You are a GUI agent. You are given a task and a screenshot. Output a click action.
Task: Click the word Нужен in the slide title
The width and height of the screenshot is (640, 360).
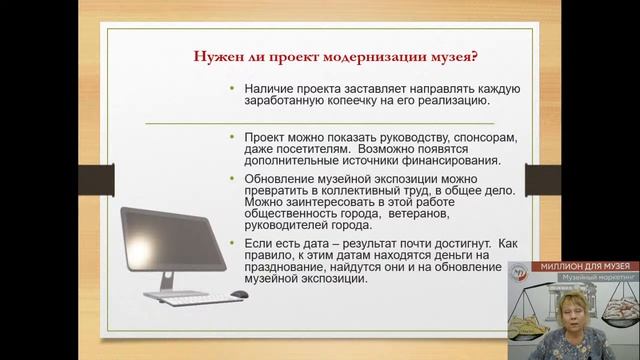[x=216, y=55]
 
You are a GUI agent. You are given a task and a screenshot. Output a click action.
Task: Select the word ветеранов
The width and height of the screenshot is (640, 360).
[x=424, y=214]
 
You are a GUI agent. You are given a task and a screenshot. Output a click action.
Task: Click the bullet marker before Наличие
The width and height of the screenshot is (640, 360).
[x=233, y=89]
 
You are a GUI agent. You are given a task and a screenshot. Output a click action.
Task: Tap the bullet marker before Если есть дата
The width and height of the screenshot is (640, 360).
[x=233, y=243]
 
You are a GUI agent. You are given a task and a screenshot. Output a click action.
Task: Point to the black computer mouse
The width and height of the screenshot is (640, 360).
[x=239, y=294]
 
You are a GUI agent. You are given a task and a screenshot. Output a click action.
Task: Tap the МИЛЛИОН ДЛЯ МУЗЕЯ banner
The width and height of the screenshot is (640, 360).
[x=573, y=266]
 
